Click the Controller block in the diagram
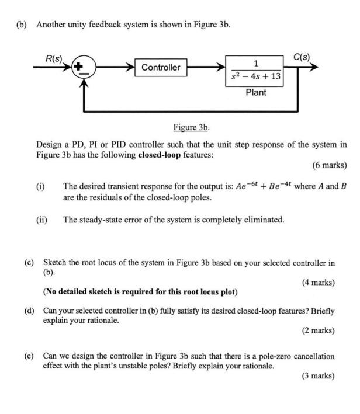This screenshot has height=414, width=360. pyautogui.click(x=161, y=68)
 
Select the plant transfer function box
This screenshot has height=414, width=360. pyautogui.click(x=256, y=71)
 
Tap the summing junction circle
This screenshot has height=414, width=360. pyautogui.click(x=85, y=68)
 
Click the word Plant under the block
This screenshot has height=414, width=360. pyautogui.click(x=256, y=92)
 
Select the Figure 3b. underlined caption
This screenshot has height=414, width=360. pyautogui.click(x=191, y=127)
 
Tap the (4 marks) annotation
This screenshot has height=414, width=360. pyautogui.click(x=318, y=283)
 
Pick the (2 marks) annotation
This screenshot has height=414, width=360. pyautogui.click(x=318, y=330)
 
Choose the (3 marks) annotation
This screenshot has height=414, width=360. pyautogui.click(x=318, y=376)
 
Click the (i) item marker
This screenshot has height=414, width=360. pyautogui.click(x=40, y=187)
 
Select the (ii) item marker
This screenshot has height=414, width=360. pyautogui.click(x=41, y=220)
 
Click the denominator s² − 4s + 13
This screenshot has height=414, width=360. pyautogui.click(x=256, y=76)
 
